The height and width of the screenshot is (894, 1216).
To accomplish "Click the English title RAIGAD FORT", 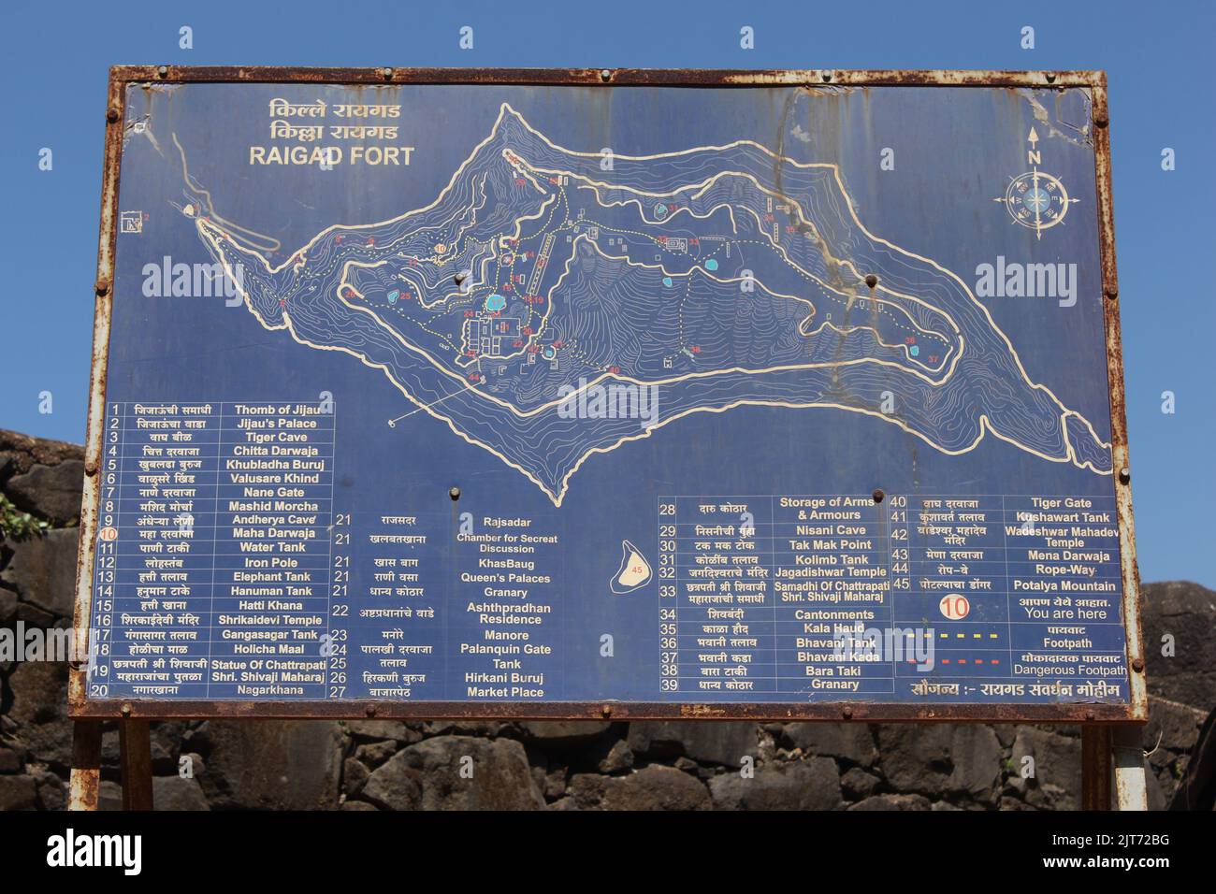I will coord(330,156).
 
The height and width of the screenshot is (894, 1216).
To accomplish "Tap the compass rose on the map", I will coord(1035,199).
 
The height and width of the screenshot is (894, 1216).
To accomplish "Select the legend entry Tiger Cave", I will coord(276,437).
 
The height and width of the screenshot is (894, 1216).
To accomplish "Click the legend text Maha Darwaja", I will coord(274,533).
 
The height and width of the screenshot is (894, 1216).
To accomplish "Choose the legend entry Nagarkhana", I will coord(272,690).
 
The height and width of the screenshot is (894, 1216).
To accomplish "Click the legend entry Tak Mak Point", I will coord(830,544).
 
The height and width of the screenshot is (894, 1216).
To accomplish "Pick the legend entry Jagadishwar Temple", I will coord(830,571).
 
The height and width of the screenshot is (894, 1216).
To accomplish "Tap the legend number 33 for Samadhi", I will coord(667,591).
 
